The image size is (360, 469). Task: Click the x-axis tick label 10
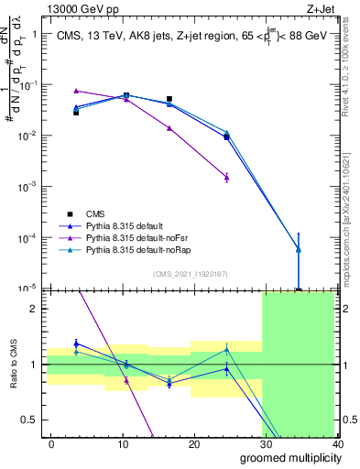point(123,442)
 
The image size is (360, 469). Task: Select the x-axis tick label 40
point(337,442)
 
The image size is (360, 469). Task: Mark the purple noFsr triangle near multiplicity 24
point(226,177)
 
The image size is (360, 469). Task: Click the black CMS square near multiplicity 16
point(169,99)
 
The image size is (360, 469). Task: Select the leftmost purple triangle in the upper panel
point(76,91)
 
